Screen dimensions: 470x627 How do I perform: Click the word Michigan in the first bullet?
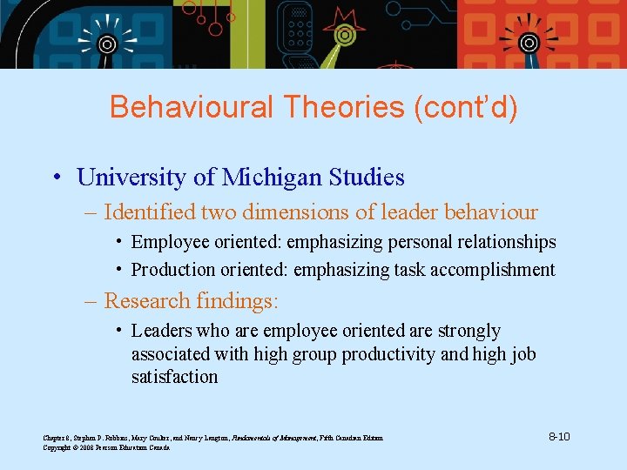coord(272,178)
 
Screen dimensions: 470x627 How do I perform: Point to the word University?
coord(131,178)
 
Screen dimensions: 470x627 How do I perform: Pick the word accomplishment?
coord(495,270)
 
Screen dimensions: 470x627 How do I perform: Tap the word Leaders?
coord(162,331)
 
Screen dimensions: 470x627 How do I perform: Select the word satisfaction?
coord(174,377)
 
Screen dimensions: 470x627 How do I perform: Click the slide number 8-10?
coord(559,436)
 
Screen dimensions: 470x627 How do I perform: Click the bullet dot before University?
coord(55,178)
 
